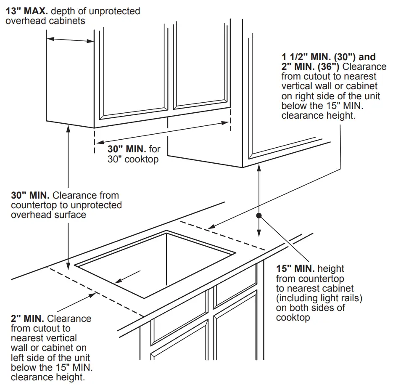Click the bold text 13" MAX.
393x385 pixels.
tap(26, 11)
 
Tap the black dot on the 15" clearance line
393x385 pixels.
tap(259, 215)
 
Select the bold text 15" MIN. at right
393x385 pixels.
tap(295, 268)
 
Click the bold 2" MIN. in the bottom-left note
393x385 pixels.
tap(28, 319)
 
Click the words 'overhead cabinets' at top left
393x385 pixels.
tap(45, 21)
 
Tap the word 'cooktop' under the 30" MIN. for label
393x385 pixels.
tap(142, 159)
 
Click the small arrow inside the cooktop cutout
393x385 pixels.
tap(129, 277)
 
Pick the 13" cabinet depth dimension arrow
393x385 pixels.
tap(70, 40)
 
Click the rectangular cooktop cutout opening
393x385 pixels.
tap(156, 261)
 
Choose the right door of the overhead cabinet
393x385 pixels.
tap(201, 59)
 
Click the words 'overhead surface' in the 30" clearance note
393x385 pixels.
tap(48, 215)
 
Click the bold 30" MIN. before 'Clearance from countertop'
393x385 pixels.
tap(30, 195)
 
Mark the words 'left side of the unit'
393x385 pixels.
tap(50, 357)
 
